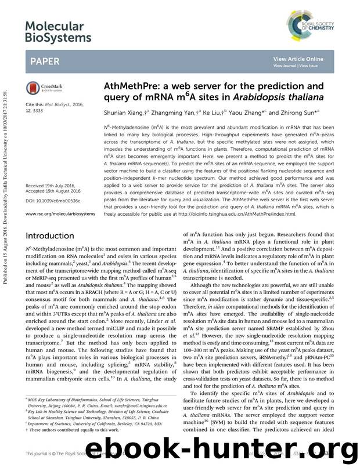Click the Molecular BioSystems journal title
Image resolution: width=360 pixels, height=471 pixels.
[58, 31]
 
